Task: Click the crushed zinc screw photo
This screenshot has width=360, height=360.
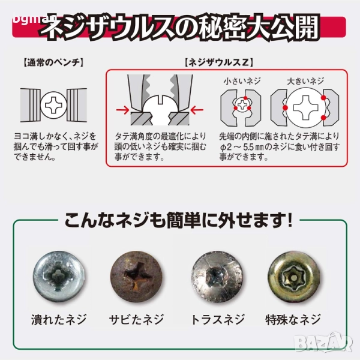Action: (59, 276)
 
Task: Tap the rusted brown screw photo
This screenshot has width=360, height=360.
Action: (136, 276)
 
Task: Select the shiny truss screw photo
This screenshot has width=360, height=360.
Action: (217, 276)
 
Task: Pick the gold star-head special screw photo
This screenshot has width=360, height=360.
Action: (294, 276)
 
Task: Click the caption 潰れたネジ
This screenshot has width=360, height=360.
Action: (59, 319)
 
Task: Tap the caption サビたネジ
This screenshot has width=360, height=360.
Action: (136, 319)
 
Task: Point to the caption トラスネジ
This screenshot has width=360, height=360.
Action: (217, 319)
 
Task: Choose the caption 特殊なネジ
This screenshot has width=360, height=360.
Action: (293, 319)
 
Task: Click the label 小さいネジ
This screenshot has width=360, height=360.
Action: (242, 81)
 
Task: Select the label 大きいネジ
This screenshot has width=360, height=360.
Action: (305, 81)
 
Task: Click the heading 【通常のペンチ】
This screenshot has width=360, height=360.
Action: (53, 62)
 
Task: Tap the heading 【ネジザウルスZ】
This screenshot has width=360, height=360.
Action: (219, 62)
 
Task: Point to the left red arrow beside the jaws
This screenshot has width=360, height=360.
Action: (122, 110)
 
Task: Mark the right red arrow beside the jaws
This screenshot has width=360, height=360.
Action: (197, 110)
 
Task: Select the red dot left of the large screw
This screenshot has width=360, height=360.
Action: (285, 107)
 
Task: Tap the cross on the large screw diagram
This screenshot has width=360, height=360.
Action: (306, 107)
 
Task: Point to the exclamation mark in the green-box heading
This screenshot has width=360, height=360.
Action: (290, 220)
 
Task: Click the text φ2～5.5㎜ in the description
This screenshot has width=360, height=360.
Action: (242, 147)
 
